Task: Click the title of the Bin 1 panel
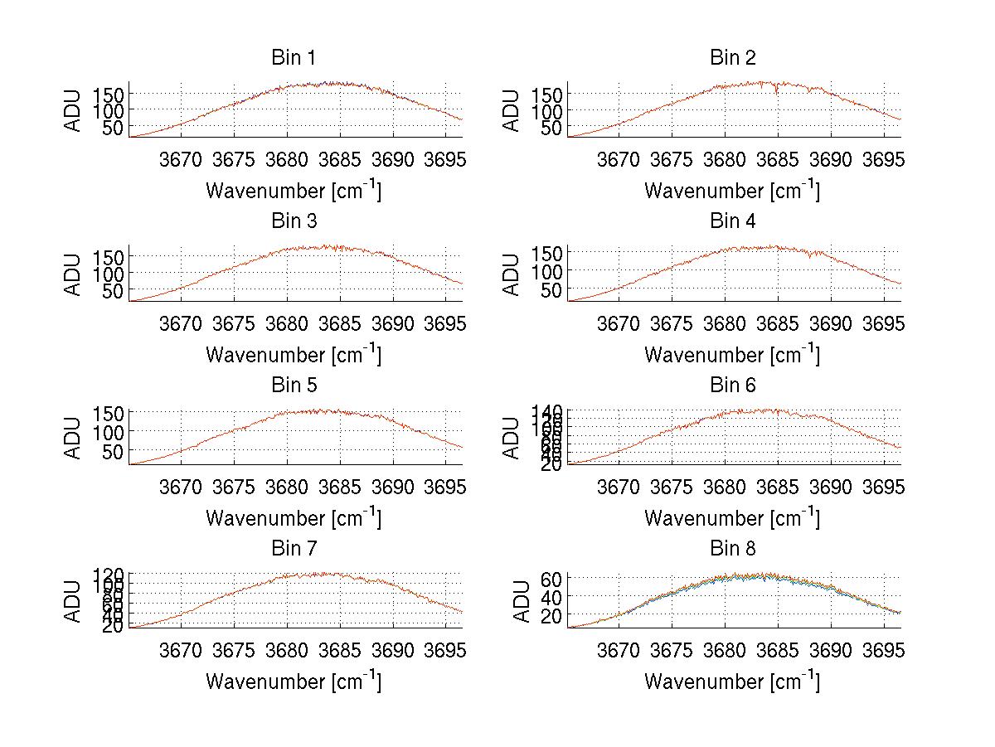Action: [294, 58]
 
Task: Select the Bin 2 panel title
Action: [733, 58]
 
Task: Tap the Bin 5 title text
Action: [294, 386]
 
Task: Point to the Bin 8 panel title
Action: [733, 549]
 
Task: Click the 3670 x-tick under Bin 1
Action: [180, 158]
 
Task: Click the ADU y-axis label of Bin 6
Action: [512, 437]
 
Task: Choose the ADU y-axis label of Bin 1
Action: [74, 109]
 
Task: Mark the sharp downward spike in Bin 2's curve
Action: [777, 93]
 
